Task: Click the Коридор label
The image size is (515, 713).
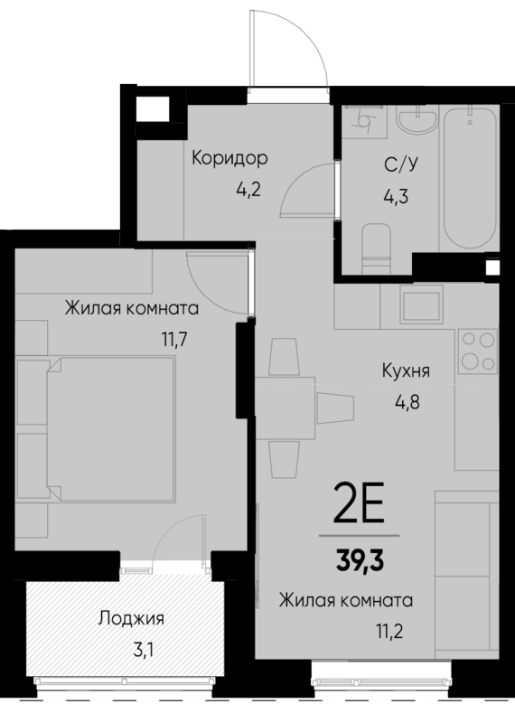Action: coord(229,159)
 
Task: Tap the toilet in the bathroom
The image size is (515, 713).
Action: coord(373,245)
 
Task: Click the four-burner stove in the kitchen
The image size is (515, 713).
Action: coord(477,352)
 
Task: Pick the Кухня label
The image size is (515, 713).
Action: coord(405,370)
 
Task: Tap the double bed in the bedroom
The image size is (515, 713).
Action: coord(110,426)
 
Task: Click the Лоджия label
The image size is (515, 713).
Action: coord(132,619)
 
